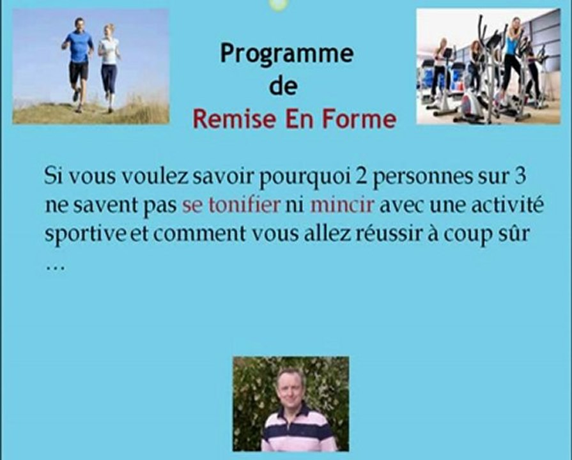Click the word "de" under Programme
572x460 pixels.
click(282, 87)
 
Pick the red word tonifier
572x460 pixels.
click(244, 205)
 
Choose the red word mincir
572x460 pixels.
click(342, 205)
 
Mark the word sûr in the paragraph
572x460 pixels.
click(514, 233)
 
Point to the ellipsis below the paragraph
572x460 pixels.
click(55, 267)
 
